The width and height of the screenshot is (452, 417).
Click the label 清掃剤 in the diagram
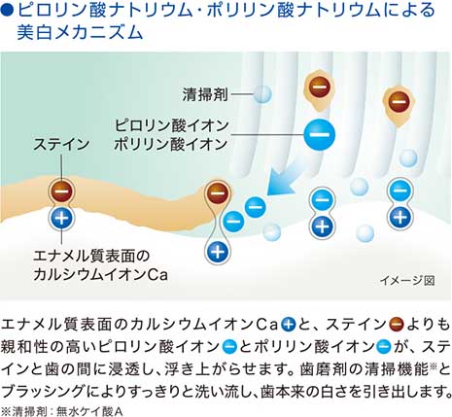205,94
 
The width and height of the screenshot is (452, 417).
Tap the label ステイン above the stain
61,145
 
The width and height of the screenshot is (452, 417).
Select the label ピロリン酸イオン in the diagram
172,125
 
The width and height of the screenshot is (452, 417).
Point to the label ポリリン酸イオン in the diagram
171,144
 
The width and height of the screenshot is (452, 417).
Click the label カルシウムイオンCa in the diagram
101,275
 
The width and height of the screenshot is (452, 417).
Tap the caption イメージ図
407,280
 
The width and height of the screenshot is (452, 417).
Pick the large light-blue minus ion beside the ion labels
320,134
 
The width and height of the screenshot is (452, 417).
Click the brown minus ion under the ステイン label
61,191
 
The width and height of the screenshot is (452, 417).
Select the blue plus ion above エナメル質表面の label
61,219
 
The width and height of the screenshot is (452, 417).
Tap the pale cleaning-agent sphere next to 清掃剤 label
262,94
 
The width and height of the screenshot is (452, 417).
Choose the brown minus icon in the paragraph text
397,325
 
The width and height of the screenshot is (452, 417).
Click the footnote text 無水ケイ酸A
90,411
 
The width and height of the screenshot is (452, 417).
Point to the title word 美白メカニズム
80,33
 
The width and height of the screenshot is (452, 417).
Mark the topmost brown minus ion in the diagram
319,87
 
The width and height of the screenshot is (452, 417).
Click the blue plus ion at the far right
400,218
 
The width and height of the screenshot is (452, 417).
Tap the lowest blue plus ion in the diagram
218,252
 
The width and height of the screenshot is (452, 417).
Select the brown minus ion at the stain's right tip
218,193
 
